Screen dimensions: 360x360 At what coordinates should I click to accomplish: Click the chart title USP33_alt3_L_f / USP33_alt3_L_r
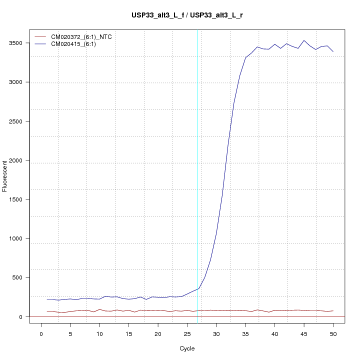(186, 15)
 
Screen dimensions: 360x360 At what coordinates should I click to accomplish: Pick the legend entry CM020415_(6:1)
(73, 44)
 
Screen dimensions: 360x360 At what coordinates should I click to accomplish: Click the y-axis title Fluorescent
(5, 176)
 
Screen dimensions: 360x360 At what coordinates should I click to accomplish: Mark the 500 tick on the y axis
(21, 277)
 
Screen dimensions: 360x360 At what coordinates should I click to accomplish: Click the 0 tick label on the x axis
(41, 334)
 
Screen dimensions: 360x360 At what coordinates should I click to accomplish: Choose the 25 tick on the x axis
(187, 334)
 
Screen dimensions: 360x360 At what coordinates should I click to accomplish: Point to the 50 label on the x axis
(333, 334)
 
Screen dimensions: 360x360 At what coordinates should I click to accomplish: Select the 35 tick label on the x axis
(245, 334)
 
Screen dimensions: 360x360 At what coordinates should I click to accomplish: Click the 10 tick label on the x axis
(99, 334)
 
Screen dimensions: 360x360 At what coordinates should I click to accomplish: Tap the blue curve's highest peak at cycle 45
(304, 40)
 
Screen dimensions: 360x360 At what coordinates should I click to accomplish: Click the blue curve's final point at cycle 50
(333, 51)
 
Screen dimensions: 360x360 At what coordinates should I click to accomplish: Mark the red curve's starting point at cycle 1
(47, 311)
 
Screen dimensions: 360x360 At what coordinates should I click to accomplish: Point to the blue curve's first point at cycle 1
(47, 299)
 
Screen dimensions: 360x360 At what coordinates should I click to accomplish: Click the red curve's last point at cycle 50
(333, 311)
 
